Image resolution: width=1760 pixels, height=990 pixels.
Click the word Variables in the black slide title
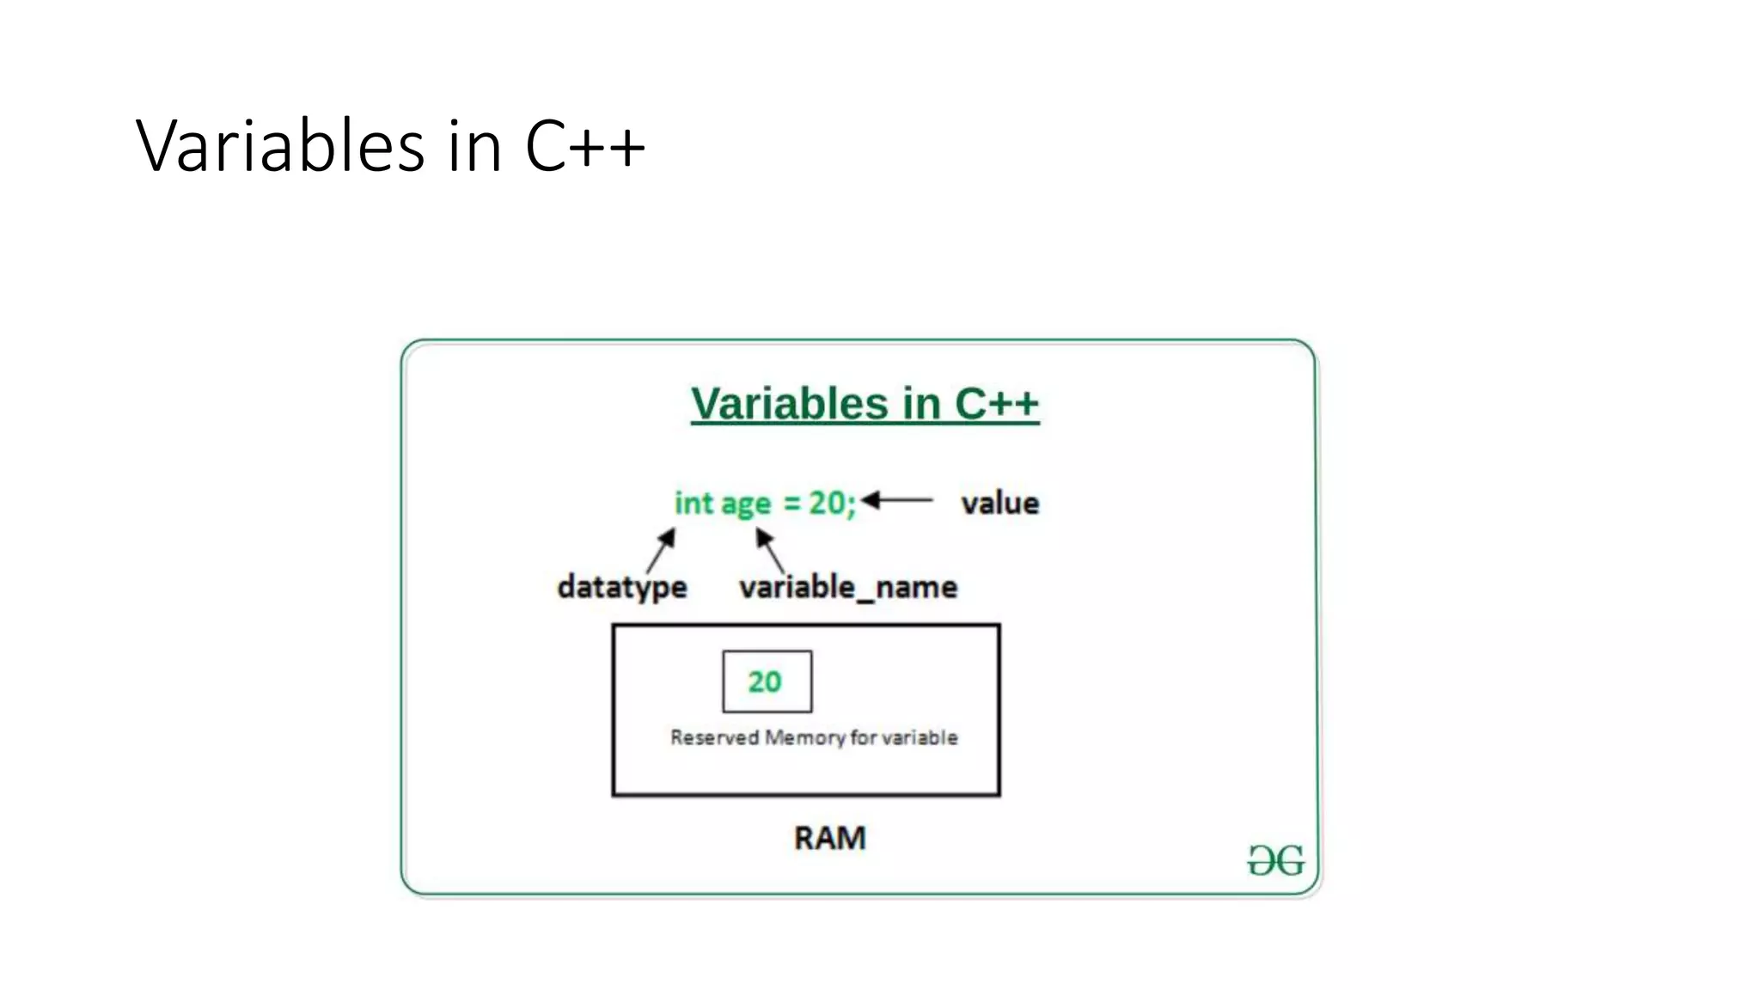click(x=280, y=146)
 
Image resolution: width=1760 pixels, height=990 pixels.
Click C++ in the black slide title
click(x=584, y=146)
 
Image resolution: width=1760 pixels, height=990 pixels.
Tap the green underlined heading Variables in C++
click(x=865, y=404)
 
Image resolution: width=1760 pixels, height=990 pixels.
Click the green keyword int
click(x=694, y=503)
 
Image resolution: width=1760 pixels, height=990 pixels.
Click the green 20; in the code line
click(x=832, y=503)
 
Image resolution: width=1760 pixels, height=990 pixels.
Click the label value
click(x=999, y=504)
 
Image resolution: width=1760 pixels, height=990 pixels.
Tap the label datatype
click(x=622, y=587)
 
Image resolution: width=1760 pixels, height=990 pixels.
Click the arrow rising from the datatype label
click(x=661, y=551)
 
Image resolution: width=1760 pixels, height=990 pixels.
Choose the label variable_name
click(x=848, y=587)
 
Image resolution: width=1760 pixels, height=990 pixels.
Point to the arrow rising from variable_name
click(x=770, y=550)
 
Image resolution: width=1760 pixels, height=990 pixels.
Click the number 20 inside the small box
click(x=765, y=681)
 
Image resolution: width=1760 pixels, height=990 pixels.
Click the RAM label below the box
click(x=829, y=838)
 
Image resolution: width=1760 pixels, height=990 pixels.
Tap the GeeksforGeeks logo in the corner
click(x=1276, y=860)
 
